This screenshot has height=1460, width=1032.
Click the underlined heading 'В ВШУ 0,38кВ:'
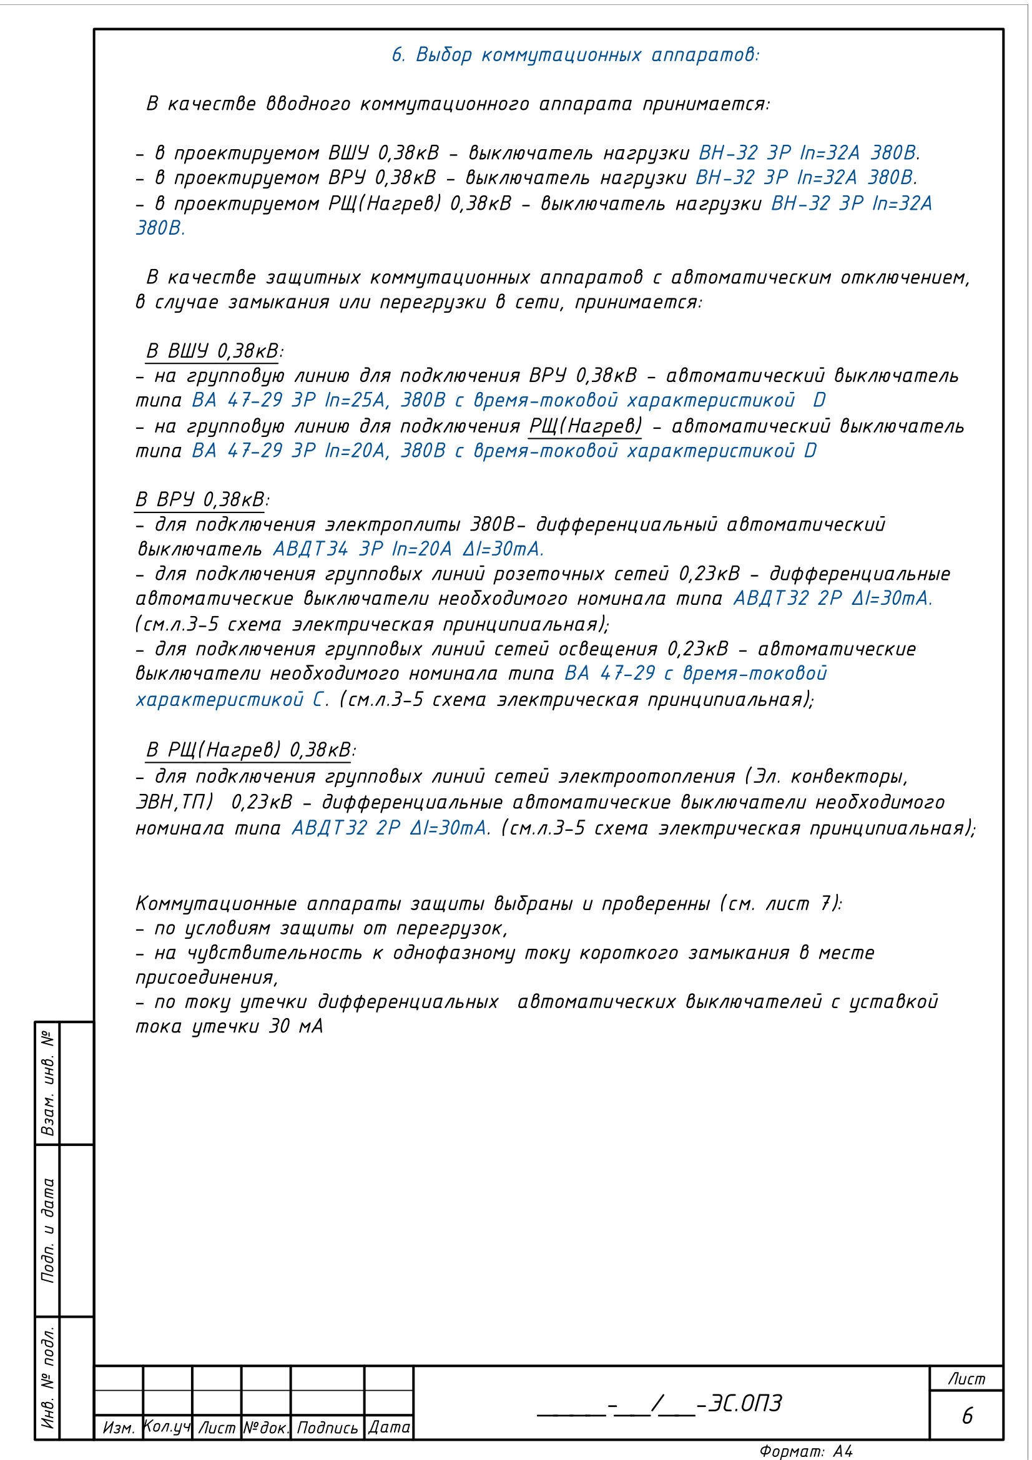(x=214, y=351)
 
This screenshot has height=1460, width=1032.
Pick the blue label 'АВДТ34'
(x=310, y=549)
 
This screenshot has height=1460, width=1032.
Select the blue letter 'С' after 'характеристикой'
(x=318, y=700)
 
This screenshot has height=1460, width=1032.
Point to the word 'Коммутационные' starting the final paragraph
(x=216, y=904)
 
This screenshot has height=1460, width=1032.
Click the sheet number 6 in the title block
(x=966, y=1416)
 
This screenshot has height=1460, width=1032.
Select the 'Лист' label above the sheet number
(x=966, y=1379)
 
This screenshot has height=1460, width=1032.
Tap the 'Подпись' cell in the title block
(x=328, y=1428)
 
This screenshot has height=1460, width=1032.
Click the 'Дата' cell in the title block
(x=389, y=1427)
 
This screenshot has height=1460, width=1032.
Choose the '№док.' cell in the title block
(x=266, y=1428)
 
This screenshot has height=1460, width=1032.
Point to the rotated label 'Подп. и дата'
(x=47, y=1230)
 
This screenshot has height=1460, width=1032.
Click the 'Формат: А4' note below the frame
(x=805, y=1451)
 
